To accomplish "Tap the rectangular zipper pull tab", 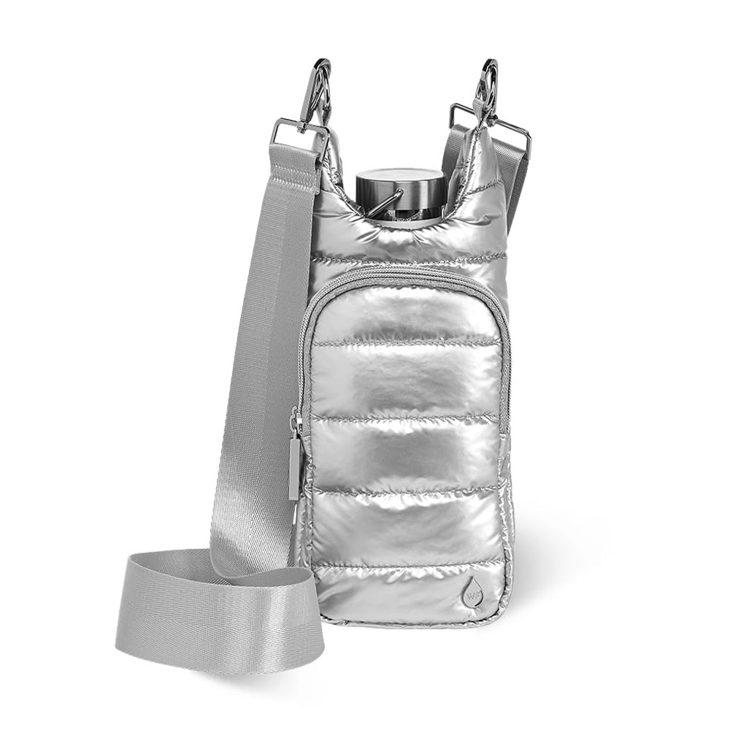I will pyautogui.click(x=294, y=466).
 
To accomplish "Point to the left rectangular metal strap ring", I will pyautogui.click(x=300, y=135).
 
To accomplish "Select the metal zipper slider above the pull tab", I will pyautogui.click(x=296, y=423).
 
